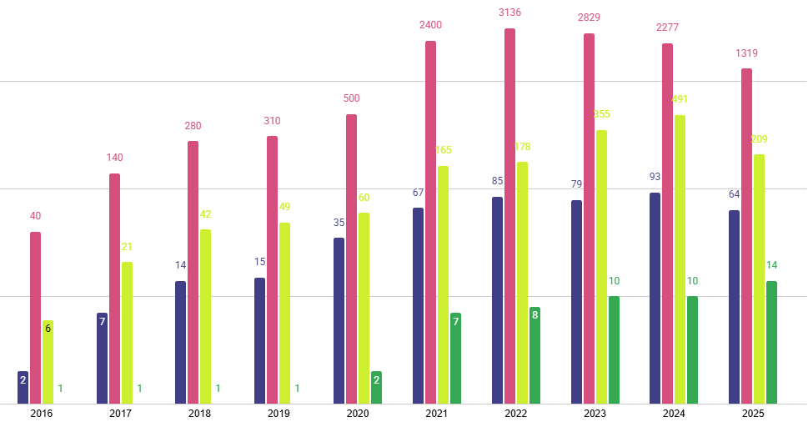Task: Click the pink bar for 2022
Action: (x=509, y=216)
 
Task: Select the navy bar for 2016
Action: (x=23, y=388)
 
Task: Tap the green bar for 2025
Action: (x=771, y=342)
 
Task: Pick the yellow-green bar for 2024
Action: (x=680, y=259)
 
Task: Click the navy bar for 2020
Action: (x=339, y=320)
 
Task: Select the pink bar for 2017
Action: (x=114, y=289)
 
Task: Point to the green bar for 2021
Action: (x=455, y=358)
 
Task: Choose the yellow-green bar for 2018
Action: (x=205, y=316)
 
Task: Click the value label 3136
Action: (x=509, y=12)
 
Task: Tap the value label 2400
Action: (x=430, y=25)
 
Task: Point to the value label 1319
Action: (x=746, y=53)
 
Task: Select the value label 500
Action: (x=351, y=98)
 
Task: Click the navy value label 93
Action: (x=655, y=177)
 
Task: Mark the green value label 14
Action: (x=771, y=265)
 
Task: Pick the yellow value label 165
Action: (x=443, y=150)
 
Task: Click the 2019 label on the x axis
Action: (x=279, y=414)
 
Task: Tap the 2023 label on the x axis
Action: (x=595, y=414)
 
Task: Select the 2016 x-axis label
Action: (x=41, y=414)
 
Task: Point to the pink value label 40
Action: (x=35, y=216)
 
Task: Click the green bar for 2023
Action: (x=614, y=349)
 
